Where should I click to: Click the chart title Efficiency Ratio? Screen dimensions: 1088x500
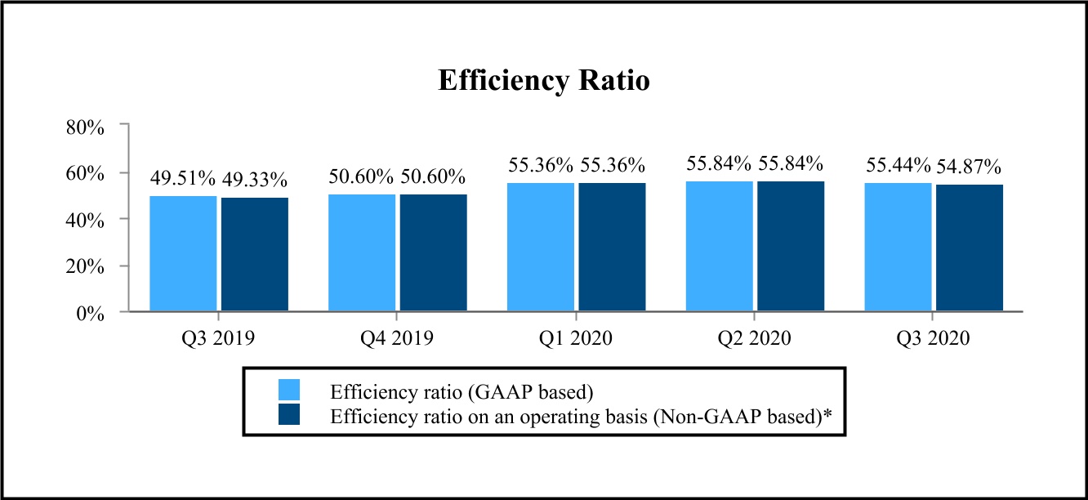(544, 80)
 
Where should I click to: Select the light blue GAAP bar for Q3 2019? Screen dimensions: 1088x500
(183, 253)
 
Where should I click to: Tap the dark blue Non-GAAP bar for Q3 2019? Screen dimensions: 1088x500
(255, 254)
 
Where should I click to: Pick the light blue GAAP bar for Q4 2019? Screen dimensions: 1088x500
(362, 252)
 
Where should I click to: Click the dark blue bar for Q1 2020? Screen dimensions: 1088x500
(612, 247)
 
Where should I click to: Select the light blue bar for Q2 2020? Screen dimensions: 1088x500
(720, 247)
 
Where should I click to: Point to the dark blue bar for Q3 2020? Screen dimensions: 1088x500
(970, 248)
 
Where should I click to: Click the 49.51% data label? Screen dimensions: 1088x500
(183, 178)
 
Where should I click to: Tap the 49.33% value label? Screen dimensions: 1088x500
(255, 180)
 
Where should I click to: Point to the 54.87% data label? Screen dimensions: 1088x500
(969, 167)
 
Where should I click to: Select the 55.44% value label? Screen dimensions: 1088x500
(898, 165)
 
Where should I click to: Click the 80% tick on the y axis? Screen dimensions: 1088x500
(85, 127)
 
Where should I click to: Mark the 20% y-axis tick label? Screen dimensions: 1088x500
(85, 266)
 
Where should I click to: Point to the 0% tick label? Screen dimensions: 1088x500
(91, 314)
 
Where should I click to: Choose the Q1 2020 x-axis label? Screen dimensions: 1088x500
(576, 338)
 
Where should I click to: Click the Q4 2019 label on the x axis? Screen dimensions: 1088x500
(397, 338)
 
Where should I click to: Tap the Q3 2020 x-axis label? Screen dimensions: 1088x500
(933, 338)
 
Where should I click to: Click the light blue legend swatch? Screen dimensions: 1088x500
(289, 390)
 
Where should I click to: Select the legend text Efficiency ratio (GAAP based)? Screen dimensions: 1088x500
(462, 391)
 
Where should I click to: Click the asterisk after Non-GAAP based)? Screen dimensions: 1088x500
(827, 413)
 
